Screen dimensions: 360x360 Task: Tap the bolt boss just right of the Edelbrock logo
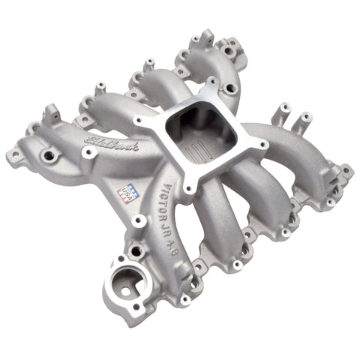90,152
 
